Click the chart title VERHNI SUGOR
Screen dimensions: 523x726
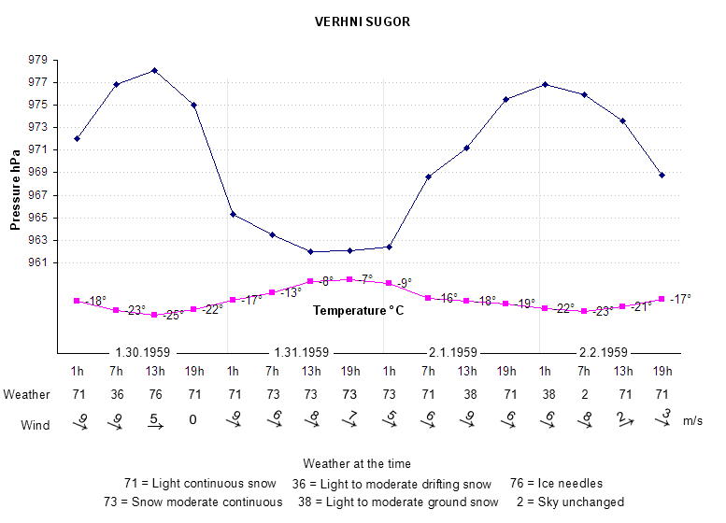[x=363, y=21]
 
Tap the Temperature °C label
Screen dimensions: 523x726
[x=358, y=310]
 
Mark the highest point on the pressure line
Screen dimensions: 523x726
[x=154, y=70]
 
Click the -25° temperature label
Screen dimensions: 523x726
[x=172, y=316]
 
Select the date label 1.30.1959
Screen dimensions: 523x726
[x=142, y=353]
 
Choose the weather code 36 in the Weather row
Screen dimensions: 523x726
[x=116, y=394]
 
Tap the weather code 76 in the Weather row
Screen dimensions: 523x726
[x=154, y=394]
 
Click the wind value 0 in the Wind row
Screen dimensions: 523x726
[x=193, y=419]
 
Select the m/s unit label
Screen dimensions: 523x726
[x=694, y=422]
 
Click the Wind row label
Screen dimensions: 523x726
[x=36, y=426]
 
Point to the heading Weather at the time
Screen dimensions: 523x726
[x=357, y=463]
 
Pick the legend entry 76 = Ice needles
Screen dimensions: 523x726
[x=556, y=483]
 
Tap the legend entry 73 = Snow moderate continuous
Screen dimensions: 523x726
[x=193, y=502]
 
